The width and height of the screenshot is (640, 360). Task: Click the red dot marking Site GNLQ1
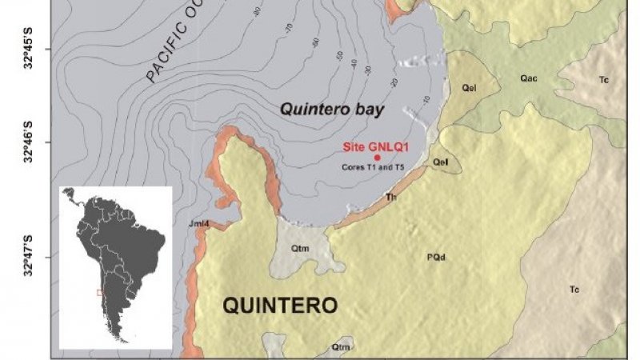click(377, 158)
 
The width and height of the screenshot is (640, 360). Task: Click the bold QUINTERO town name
click(279, 306)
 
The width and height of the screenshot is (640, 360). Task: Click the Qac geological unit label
click(529, 78)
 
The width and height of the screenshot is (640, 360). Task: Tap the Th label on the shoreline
click(391, 197)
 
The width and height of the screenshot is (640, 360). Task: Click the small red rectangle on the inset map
click(100, 293)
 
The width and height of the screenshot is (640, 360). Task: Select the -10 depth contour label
click(425, 98)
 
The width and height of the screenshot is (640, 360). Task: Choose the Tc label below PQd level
click(574, 288)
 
